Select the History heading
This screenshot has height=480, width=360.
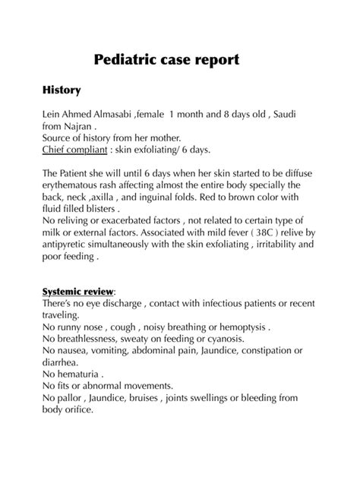tap(62, 90)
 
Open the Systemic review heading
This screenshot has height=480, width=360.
tap(78, 292)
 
